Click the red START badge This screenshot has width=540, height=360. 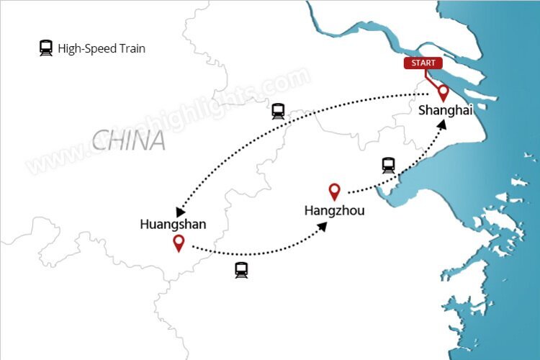point(423,63)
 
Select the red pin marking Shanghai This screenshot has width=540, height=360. point(444,92)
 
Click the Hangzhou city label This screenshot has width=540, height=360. point(334,211)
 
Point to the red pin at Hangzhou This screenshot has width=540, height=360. point(334,192)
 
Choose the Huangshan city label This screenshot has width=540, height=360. point(173,225)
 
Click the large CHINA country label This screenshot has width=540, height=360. point(129,141)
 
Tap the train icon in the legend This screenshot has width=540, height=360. point(46,48)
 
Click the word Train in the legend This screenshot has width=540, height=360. point(132,49)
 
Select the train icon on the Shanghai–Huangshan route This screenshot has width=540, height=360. point(278,111)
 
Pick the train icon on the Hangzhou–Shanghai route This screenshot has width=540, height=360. point(389,165)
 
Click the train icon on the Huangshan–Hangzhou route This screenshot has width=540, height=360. point(240,270)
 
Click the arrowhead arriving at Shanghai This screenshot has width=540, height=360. point(444,125)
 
